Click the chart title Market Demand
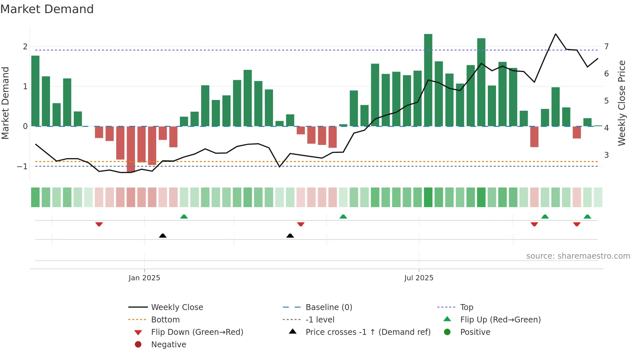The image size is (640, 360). tap(47, 9)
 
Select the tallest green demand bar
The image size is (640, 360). tap(428, 80)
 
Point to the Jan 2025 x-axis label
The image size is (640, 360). tap(144, 278)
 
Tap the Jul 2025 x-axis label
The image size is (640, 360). tap(419, 278)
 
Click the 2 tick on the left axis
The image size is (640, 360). tap(25, 47)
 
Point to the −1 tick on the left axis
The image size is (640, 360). tap(23, 167)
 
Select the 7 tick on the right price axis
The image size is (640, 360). tap(606, 47)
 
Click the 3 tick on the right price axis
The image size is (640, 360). tap(606, 155)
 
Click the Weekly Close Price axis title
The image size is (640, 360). tap(622, 103)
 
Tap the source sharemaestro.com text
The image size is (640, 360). tap(578, 256)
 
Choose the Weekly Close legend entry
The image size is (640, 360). tap(177, 307)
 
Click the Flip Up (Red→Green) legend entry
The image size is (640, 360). tap(500, 320)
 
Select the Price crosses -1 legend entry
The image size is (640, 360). tap(368, 332)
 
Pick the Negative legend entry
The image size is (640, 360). tap(168, 345)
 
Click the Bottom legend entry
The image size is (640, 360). tap(165, 320)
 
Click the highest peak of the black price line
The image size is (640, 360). tap(555, 34)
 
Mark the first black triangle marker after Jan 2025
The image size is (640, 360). tap(163, 236)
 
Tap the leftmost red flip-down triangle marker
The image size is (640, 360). tap(99, 224)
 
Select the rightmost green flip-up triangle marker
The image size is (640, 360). tap(587, 217)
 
